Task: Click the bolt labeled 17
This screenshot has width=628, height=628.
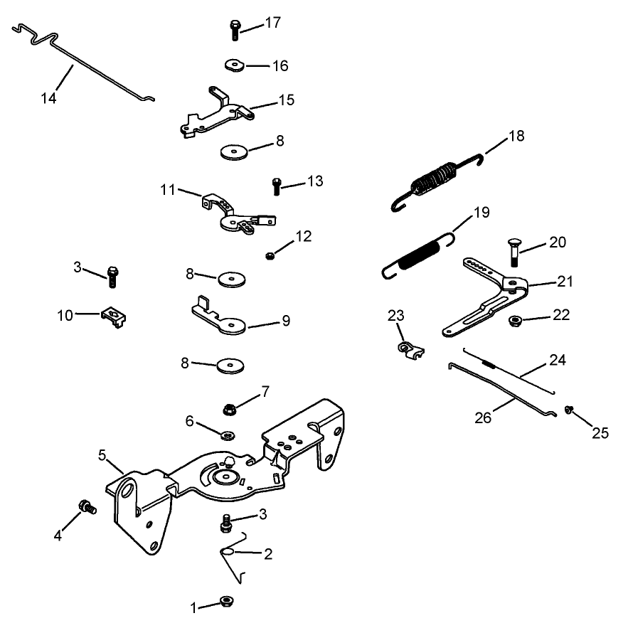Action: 235,31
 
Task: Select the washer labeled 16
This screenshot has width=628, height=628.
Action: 233,65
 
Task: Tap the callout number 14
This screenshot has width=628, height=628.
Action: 48,98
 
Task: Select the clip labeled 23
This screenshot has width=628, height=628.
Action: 408,349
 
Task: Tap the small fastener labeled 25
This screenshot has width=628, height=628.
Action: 570,410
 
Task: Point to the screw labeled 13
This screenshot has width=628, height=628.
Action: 277,186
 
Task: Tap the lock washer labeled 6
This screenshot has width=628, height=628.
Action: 228,435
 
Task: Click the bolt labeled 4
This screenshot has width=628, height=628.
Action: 87,508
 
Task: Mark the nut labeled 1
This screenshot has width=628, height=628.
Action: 228,602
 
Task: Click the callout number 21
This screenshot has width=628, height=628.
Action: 565,282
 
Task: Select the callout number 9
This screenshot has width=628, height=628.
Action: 285,321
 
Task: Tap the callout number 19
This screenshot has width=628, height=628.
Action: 481,213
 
